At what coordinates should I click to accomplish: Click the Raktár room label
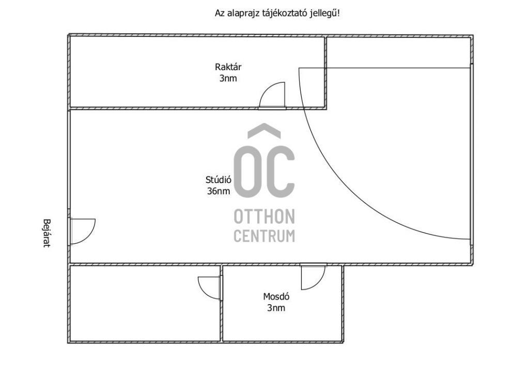(228, 67)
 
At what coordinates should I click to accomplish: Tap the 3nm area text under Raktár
(228, 78)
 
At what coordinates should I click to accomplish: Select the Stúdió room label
(219, 179)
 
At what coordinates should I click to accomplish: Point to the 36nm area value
(219, 191)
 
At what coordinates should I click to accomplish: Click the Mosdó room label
(276, 296)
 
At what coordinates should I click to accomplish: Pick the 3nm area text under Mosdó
(276, 308)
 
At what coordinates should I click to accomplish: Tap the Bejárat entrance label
(47, 234)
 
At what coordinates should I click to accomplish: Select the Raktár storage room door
(272, 95)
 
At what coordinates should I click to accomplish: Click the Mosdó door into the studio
(313, 277)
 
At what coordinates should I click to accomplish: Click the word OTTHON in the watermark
(264, 217)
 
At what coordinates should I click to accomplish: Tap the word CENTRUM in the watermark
(264, 236)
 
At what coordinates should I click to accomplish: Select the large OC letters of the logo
(264, 172)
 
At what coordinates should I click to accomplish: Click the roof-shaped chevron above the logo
(264, 130)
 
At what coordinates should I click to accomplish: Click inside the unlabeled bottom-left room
(145, 303)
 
